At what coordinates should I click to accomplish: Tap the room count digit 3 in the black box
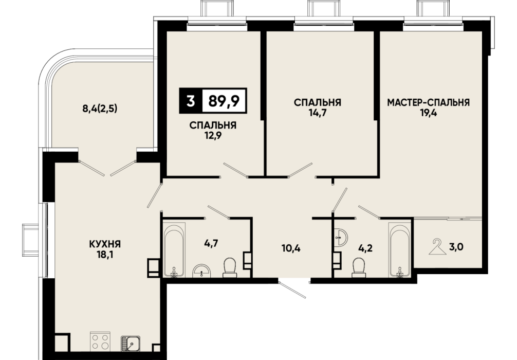click(190, 101)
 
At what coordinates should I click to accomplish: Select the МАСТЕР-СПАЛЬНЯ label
click(428, 103)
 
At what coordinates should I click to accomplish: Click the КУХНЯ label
click(105, 244)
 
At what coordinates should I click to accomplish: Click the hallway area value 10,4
click(291, 248)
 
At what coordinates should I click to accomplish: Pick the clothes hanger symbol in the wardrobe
click(437, 246)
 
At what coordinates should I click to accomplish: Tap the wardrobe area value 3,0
click(456, 246)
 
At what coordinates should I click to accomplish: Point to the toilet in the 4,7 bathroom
click(230, 267)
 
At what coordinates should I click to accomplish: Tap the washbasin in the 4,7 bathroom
click(202, 270)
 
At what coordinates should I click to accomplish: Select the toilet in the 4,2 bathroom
click(359, 267)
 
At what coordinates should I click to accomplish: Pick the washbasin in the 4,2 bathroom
click(340, 237)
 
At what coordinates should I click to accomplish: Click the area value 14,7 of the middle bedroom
click(318, 113)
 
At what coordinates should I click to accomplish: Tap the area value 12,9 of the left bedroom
click(213, 136)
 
